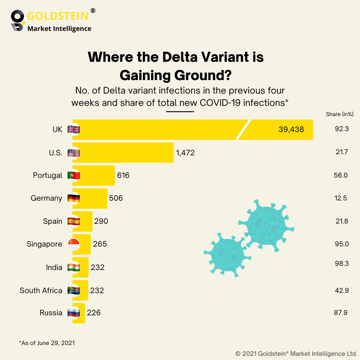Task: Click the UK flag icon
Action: pyautogui.click(x=73, y=130)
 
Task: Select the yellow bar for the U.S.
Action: pyautogui.click(x=123, y=153)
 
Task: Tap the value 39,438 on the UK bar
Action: pyautogui.click(x=291, y=129)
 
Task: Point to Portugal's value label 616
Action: pyautogui.click(x=123, y=175)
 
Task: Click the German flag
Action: pyautogui.click(x=73, y=198)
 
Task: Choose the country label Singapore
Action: pyautogui.click(x=44, y=244)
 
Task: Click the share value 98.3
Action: pyautogui.click(x=342, y=263)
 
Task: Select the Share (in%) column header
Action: pyautogui.click(x=340, y=114)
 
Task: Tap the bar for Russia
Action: pyautogui.click(x=79, y=313)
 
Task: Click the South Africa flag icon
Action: pyautogui.click(x=73, y=290)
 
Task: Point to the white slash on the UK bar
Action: pyautogui.click(x=243, y=130)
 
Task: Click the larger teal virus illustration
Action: pyautogui.click(x=266, y=226)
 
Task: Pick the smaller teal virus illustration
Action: pyautogui.click(x=227, y=255)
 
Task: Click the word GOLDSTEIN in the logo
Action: pyautogui.click(x=58, y=16)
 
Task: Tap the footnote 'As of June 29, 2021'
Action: pyautogui.click(x=47, y=343)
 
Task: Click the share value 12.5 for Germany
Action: pyautogui.click(x=340, y=198)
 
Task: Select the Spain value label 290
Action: pyautogui.click(x=101, y=221)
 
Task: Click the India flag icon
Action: pyautogui.click(x=73, y=268)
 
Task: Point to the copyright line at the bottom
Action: pyautogui.click(x=296, y=353)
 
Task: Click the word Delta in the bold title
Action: pyautogui.click(x=180, y=57)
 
